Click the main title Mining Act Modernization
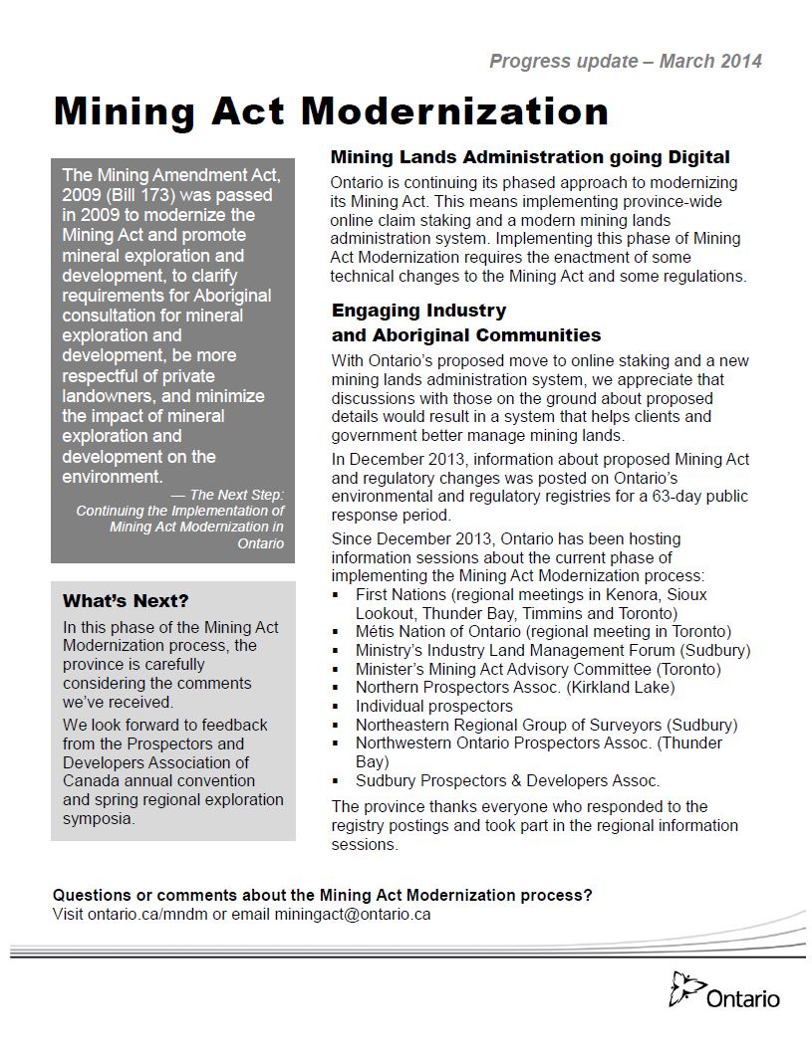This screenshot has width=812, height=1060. click(x=331, y=111)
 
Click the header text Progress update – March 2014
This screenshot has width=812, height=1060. click(x=625, y=62)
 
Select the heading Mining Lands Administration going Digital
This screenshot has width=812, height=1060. click(x=530, y=157)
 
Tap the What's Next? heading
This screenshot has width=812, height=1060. click(x=126, y=601)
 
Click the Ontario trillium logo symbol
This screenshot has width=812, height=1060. click(x=686, y=989)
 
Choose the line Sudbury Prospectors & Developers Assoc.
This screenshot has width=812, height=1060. click(x=507, y=781)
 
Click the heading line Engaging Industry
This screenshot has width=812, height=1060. click(x=418, y=311)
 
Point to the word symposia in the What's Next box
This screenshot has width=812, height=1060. click(x=99, y=819)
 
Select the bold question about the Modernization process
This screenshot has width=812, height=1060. click(x=322, y=895)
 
